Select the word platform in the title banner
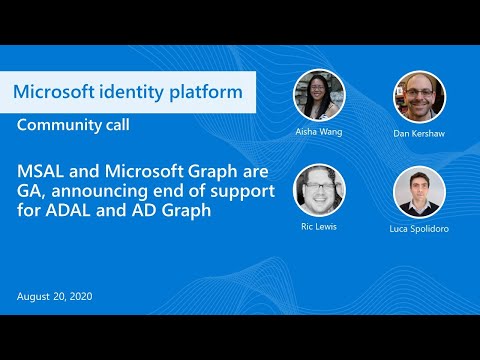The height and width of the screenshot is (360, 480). tap(205, 93)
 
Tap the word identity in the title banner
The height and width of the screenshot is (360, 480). tap(132, 93)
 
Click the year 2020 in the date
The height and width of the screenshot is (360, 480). tap(84, 297)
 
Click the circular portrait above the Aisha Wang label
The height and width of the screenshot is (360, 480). tap(319, 96)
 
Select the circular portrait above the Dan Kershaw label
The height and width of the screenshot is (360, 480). tap(419, 96)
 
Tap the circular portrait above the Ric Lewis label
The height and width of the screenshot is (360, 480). tap(319, 190)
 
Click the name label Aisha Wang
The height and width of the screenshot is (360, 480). tap(319, 132)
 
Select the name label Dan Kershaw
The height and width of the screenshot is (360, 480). tap(419, 132)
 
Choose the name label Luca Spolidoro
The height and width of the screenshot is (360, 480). tap(419, 228)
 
